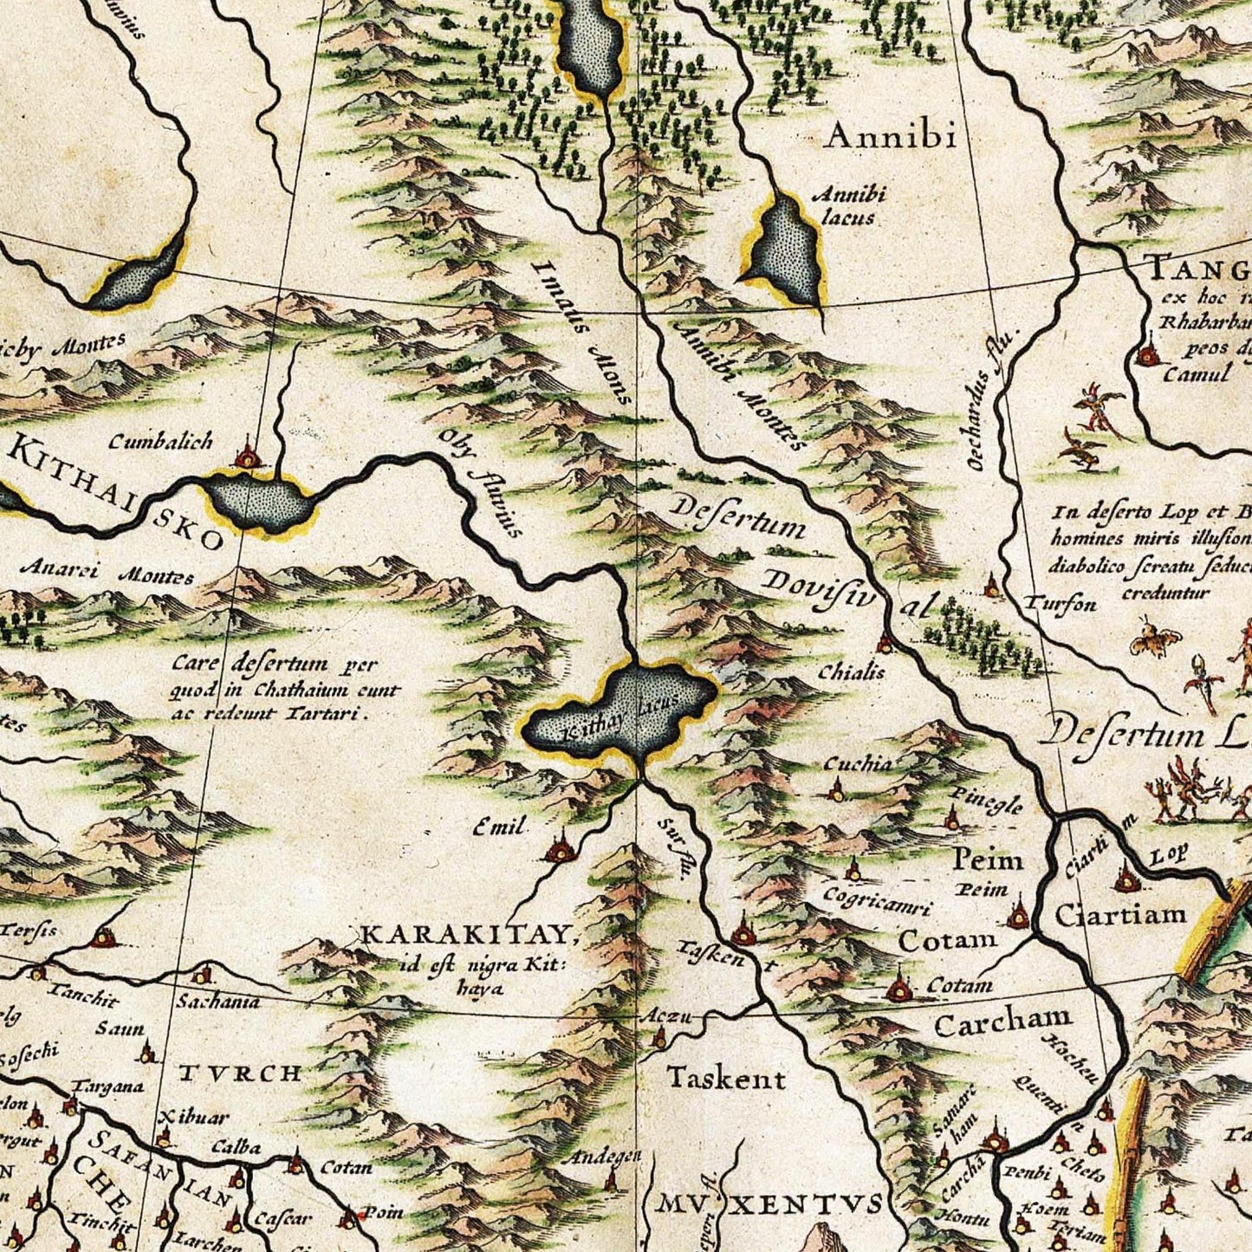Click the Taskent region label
point(726,1079)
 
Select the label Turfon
point(1061,604)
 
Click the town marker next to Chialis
point(885,644)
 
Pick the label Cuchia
point(857,763)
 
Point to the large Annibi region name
point(890,136)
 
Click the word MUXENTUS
point(771,1203)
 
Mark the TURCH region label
point(240,1074)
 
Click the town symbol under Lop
point(1126,880)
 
